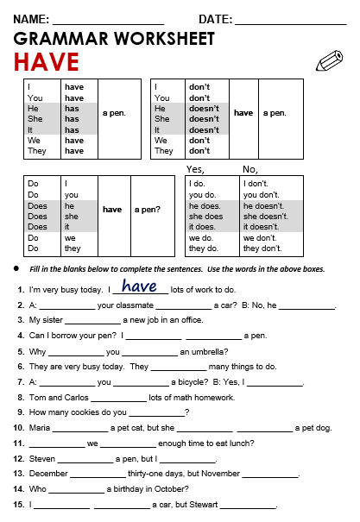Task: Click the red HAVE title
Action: [x=46, y=62]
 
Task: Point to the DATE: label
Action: [x=215, y=19]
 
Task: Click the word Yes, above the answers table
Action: [x=196, y=169]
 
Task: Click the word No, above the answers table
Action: [x=251, y=169]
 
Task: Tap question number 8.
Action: [x=20, y=398]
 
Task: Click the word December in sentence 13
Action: [x=48, y=474]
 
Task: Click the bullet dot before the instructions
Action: [x=16, y=269]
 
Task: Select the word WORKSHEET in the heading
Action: [x=171, y=39]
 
